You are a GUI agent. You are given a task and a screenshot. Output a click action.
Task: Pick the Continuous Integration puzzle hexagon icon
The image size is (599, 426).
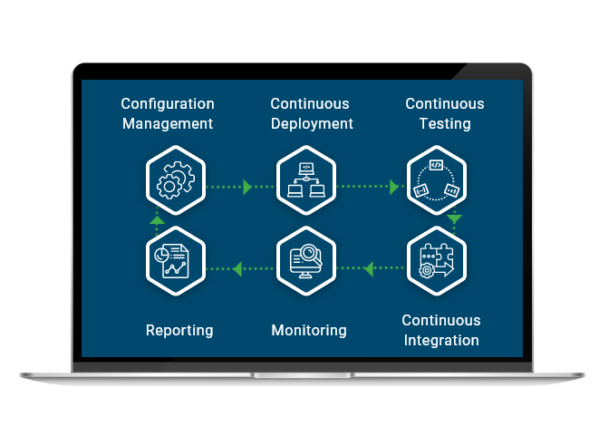tap(436, 262)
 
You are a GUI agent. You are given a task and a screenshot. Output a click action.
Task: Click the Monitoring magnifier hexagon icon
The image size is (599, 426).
tap(305, 262)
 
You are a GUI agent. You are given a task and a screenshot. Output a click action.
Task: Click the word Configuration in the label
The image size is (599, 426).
tap(168, 104)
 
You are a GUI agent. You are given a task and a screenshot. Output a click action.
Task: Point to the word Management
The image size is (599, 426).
tap(168, 123)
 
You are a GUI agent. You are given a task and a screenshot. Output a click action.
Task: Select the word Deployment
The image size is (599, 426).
tap(312, 123)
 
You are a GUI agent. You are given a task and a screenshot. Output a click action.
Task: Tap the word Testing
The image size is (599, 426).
tap(444, 123)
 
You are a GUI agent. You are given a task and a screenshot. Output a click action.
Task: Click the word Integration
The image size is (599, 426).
tap(441, 340)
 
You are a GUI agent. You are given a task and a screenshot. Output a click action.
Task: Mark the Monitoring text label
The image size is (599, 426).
tap(309, 330)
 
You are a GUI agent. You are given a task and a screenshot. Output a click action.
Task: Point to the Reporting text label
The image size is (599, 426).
tap(179, 330)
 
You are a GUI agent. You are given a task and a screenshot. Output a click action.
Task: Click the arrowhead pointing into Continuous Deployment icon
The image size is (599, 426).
tap(246, 187)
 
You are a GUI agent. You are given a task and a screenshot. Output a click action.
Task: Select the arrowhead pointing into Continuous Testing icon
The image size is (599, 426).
tap(394, 187)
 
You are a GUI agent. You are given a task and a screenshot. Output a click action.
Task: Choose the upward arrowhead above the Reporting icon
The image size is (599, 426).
tap(157, 219)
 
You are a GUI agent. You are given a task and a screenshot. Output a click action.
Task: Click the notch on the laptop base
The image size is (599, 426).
tap(299, 374)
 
